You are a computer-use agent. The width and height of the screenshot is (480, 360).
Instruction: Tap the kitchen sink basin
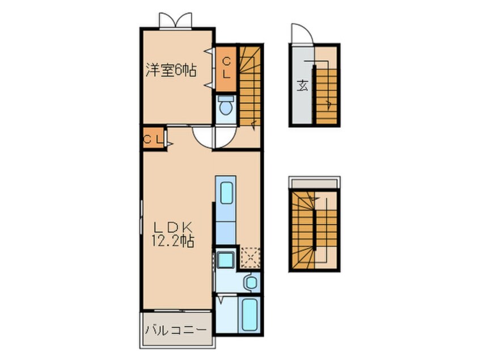(x=226, y=193)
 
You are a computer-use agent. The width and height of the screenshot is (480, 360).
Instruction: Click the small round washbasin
(x=250, y=282)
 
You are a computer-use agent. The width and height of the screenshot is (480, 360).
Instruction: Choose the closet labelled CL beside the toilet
(x=226, y=68)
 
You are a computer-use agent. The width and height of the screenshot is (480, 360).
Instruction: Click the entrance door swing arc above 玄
(x=300, y=34)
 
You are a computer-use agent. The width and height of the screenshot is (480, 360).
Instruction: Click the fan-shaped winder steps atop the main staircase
(x=250, y=56)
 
